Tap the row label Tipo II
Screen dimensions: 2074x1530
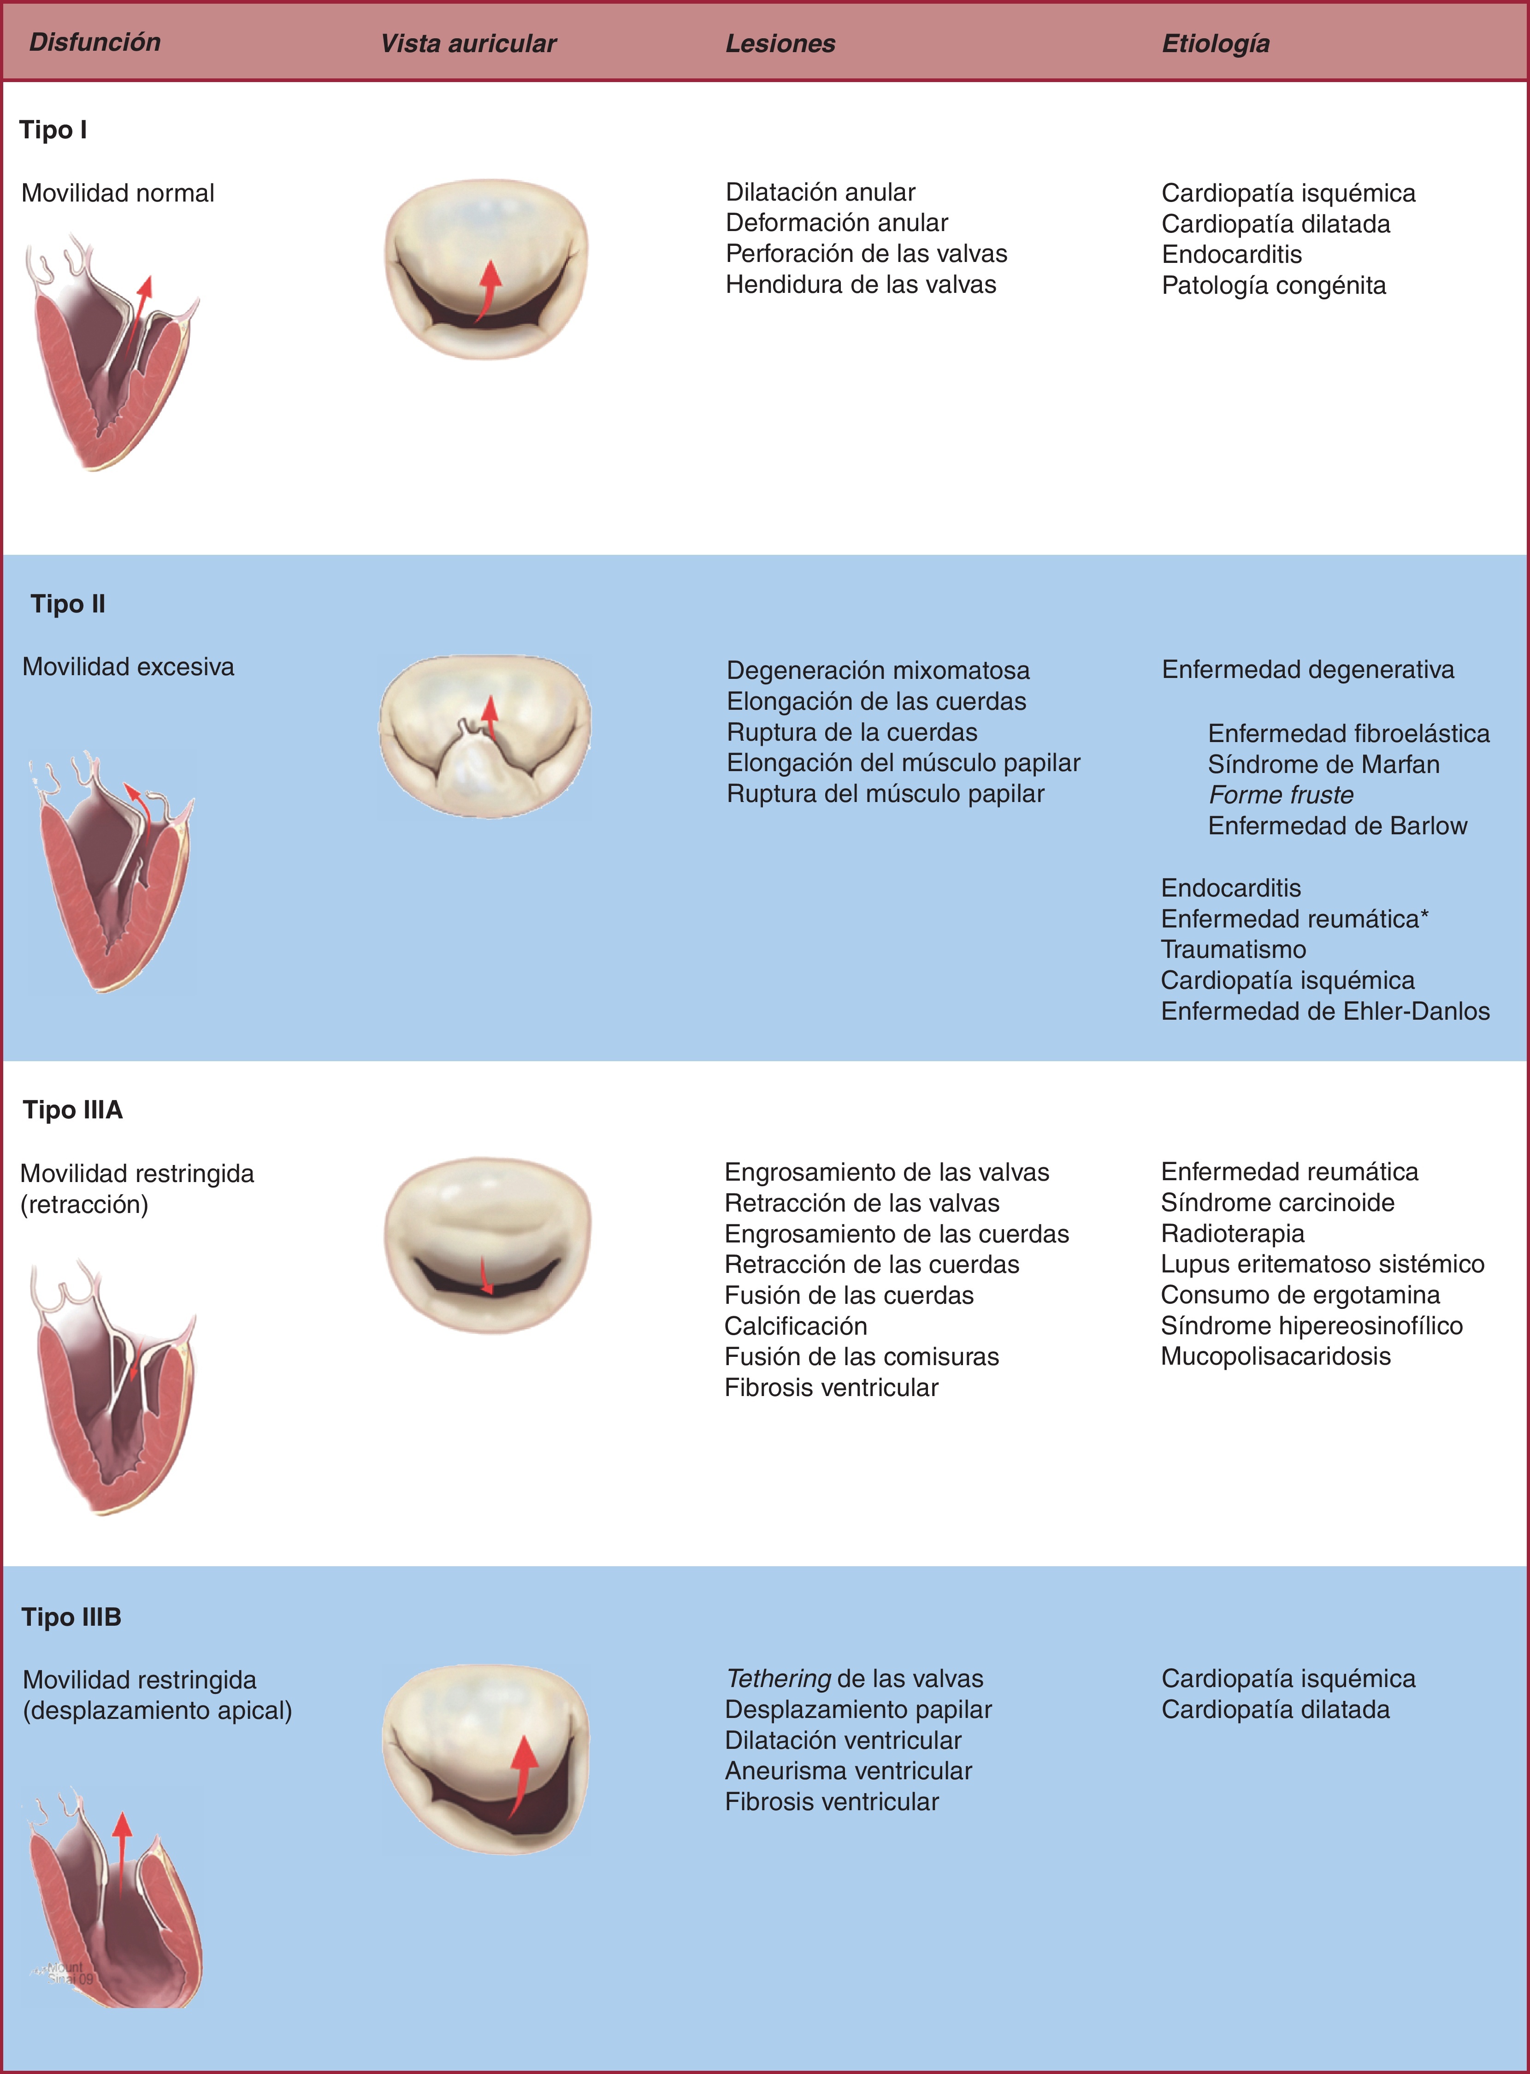pyautogui.click(x=68, y=604)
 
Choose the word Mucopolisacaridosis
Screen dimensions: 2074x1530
pyautogui.click(x=1276, y=1356)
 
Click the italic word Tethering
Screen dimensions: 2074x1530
pyautogui.click(x=778, y=1678)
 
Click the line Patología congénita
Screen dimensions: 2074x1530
pyautogui.click(x=1273, y=285)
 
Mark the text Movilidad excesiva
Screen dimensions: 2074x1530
pyautogui.click(x=128, y=667)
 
